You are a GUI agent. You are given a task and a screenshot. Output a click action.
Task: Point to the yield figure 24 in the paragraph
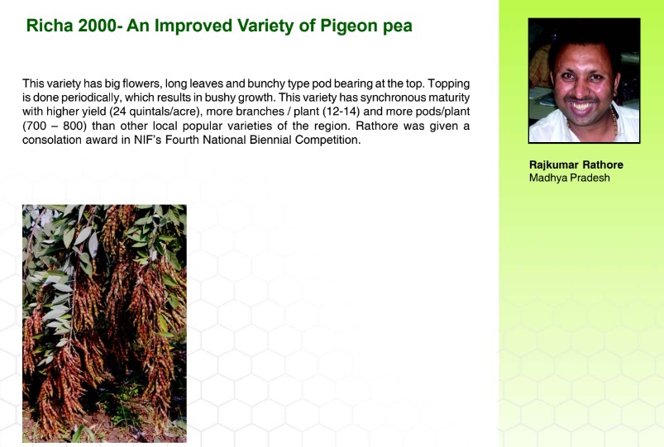coord(118,112)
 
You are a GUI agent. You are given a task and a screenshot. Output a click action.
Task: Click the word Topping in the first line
coord(449,84)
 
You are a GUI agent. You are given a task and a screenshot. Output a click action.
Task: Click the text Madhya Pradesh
coord(570,178)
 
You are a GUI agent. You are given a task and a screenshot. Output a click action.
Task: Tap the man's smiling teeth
coord(582,106)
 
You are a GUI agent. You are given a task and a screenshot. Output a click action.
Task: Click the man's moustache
coord(582,99)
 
